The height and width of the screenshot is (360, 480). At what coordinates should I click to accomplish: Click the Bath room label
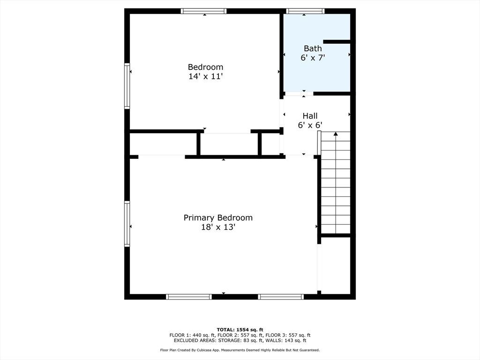313,48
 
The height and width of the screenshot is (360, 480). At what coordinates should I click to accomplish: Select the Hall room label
310,116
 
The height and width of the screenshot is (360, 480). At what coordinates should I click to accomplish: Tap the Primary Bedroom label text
218,217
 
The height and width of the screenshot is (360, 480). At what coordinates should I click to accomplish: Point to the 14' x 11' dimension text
205,76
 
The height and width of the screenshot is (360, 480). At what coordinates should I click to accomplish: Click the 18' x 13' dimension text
218,227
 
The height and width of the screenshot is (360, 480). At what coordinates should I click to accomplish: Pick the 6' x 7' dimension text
313,58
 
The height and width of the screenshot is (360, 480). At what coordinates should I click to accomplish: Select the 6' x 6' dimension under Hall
310,125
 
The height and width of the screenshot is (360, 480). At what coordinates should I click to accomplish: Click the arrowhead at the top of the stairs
336,134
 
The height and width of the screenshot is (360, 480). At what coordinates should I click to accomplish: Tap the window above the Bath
305,11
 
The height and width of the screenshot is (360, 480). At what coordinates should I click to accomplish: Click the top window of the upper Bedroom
203,11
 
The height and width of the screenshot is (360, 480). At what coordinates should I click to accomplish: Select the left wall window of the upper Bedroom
127,86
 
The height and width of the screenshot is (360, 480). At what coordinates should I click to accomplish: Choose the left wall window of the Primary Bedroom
127,224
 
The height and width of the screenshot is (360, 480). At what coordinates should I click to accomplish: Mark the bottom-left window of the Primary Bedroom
189,297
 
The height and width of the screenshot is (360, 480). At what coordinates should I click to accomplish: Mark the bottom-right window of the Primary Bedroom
281,297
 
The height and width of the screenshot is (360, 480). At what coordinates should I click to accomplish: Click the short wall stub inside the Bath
337,42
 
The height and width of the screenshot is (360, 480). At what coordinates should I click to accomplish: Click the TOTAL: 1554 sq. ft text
240,330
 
